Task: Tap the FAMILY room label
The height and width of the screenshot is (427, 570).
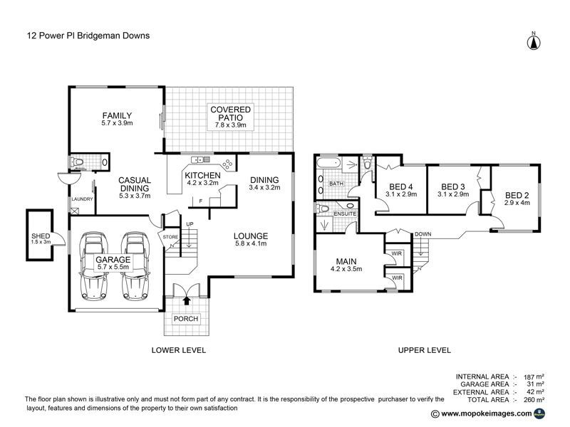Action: [x=117, y=115]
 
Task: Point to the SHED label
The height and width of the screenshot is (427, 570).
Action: [x=39, y=236]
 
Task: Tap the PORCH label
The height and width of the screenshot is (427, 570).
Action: [x=187, y=318]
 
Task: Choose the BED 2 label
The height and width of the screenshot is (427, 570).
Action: [x=519, y=195]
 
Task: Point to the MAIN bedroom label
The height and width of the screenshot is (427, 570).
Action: [x=347, y=261]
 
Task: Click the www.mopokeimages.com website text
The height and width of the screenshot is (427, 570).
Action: [x=486, y=413]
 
